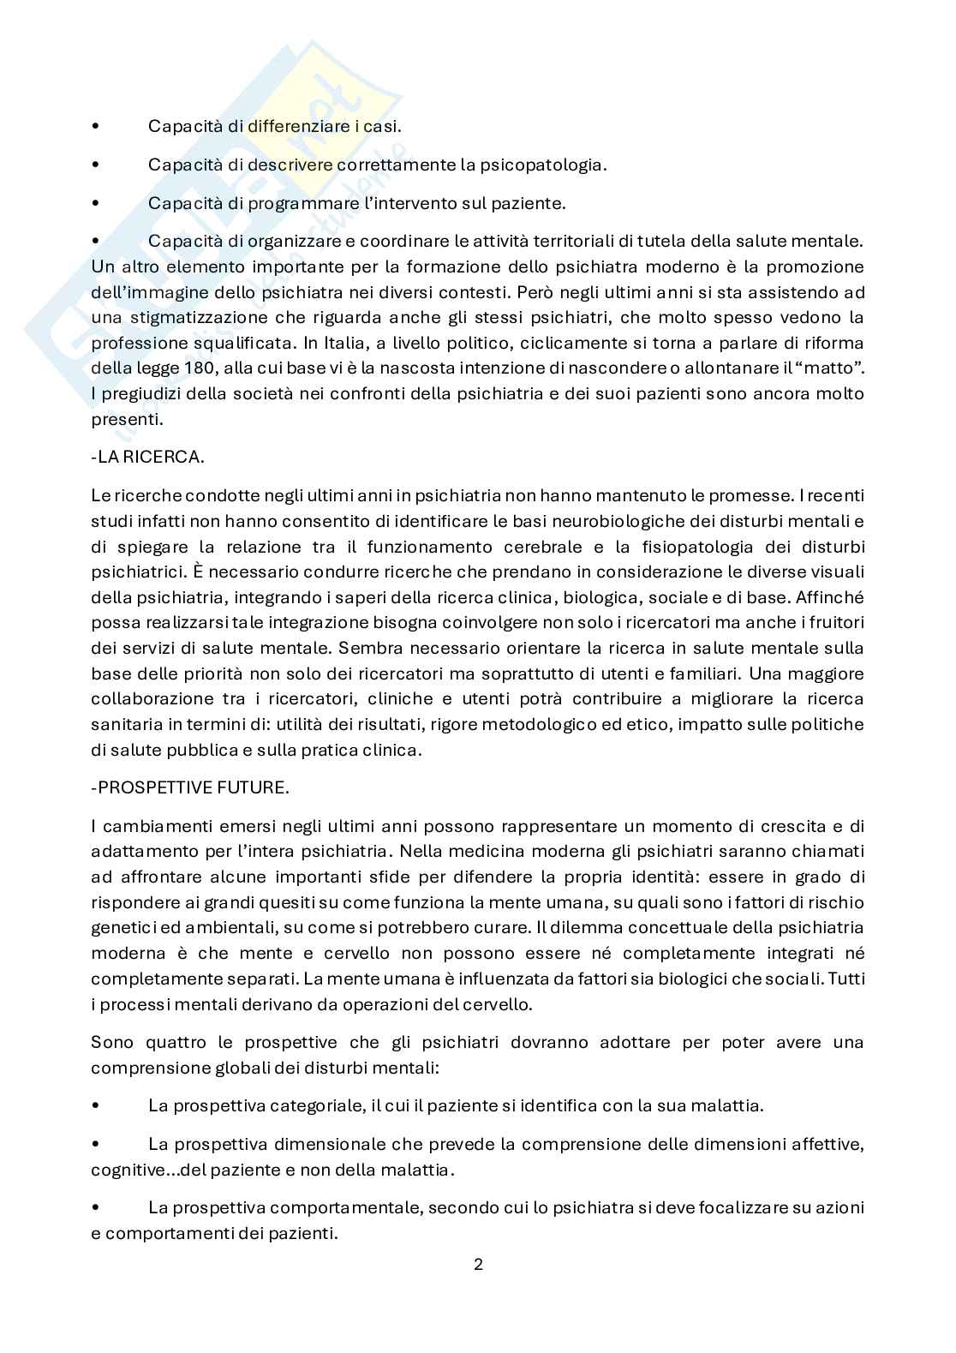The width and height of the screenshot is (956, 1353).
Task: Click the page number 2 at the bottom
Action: coord(478,1264)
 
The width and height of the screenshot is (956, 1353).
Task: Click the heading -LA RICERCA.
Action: coord(147,457)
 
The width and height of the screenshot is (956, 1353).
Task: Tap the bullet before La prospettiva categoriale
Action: coord(95,1105)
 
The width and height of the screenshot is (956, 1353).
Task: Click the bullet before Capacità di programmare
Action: coord(95,204)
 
